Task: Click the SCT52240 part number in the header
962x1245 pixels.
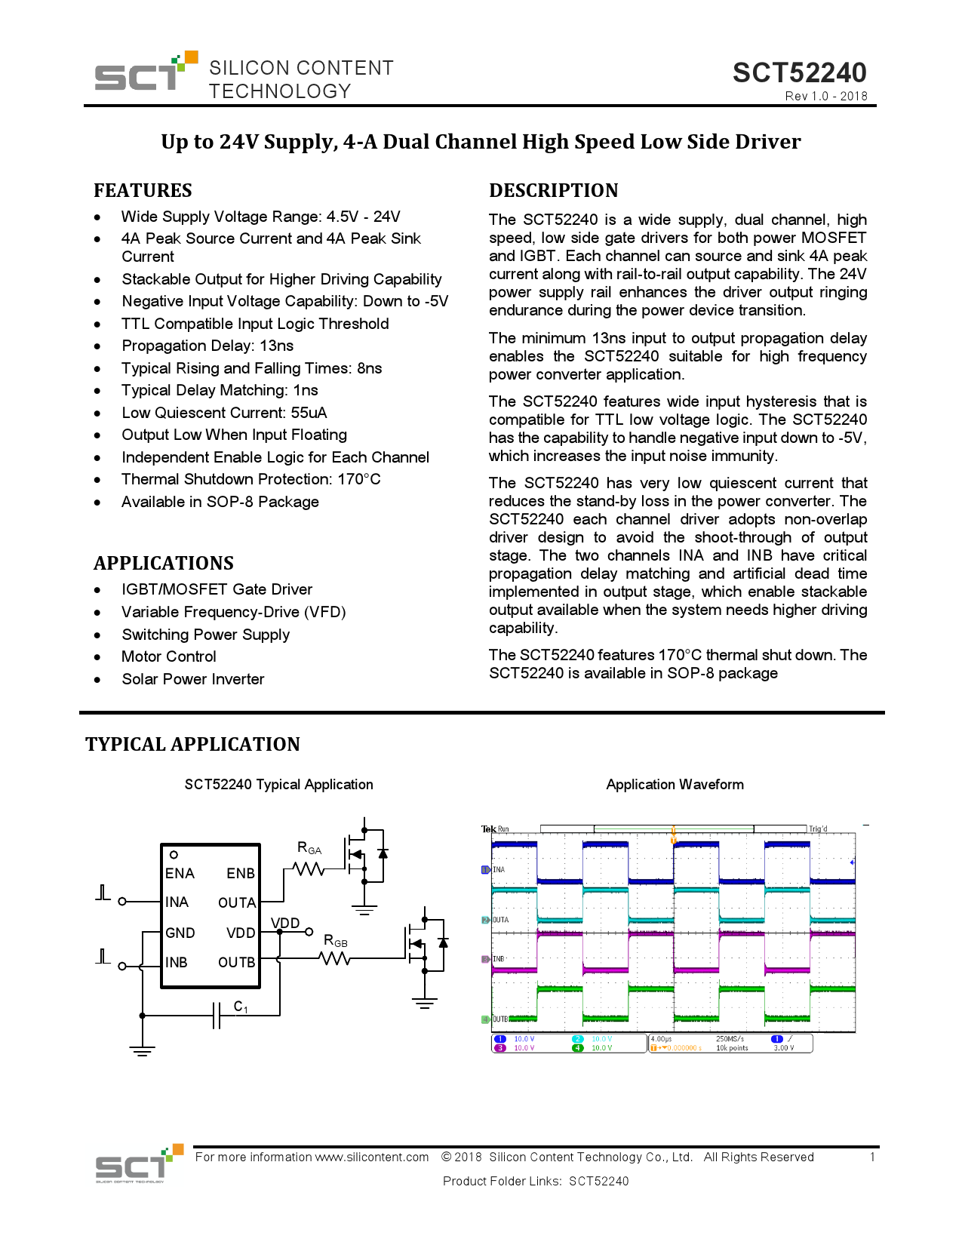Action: point(799,72)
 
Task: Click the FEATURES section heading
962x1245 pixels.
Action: point(143,190)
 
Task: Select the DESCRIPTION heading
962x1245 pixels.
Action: point(553,190)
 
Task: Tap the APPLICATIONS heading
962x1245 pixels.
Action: point(163,563)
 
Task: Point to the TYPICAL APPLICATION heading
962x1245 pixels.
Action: point(192,744)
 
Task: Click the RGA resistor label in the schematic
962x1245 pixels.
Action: point(309,848)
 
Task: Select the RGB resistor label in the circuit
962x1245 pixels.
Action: point(336,941)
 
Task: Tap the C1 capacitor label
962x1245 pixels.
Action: point(241,1007)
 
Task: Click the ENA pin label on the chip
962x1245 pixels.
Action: point(180,873)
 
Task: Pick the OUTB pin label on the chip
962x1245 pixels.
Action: point(236,962)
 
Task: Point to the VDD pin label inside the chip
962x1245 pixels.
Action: point(241,933)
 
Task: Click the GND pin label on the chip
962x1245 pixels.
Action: point(180,933)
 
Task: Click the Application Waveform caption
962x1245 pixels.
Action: point(675,785)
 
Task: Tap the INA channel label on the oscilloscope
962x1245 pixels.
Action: point(499,870)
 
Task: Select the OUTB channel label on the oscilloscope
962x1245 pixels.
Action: point(500,1019)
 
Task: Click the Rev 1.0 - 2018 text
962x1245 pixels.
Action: point(825,96)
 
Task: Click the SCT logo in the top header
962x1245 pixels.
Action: point(143,72)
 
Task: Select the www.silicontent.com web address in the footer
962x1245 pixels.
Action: point(371,1157)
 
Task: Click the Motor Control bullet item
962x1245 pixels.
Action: point(169,656)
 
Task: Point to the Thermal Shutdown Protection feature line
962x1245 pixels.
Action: point(250,479)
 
